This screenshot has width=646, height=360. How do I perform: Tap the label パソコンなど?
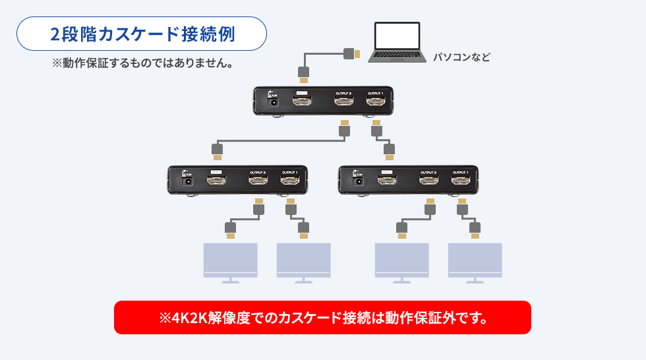coord(461,57)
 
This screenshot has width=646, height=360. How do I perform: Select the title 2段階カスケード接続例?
coord(142,34)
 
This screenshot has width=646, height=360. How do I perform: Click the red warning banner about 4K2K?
coord(322,317)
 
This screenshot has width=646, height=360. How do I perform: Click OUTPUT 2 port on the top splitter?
coord(343,103)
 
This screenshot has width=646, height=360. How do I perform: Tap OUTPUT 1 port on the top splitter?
coord(376,103)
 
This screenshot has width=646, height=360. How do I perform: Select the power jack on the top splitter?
coord(271,102)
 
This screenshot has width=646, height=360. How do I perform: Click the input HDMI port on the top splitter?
coord(303,103)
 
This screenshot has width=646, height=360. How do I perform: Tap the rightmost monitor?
coord(475,260)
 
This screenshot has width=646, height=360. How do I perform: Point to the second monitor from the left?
coord(303,260)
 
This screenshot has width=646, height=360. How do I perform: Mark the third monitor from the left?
coord(401,260)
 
